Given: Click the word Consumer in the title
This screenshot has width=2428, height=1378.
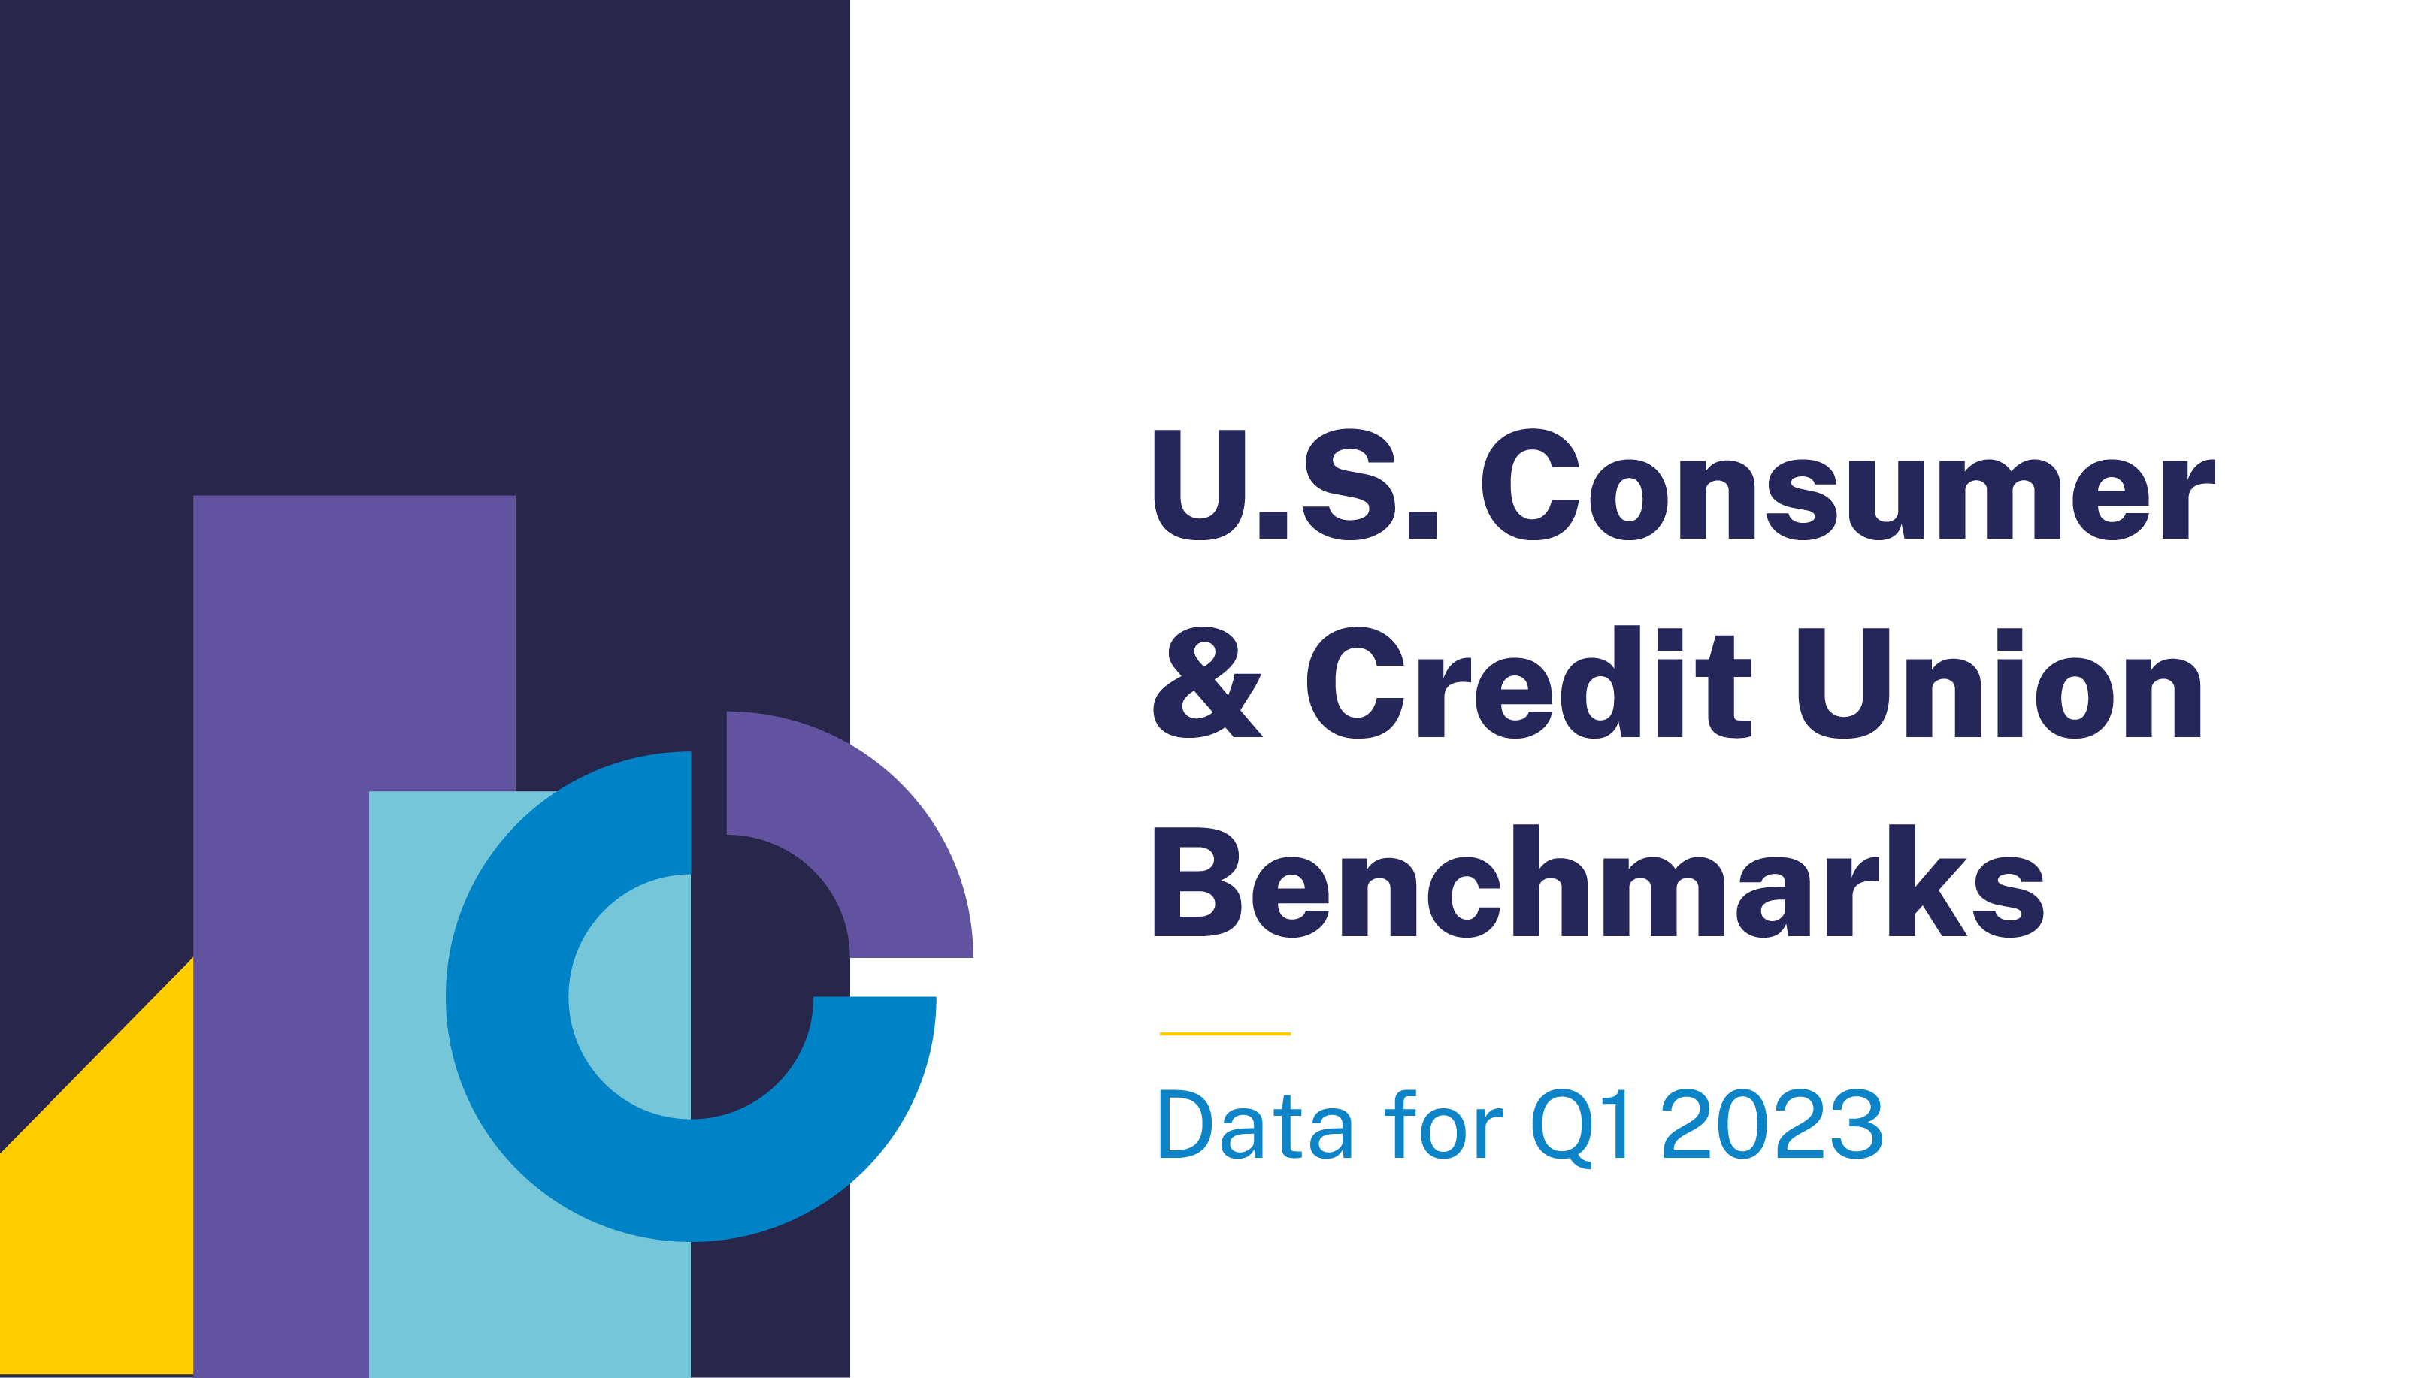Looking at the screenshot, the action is pos(1848,485).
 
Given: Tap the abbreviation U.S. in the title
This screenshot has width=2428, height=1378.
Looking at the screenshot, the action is pos(1296,485).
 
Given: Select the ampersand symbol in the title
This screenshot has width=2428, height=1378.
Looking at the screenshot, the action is pos(1208,682).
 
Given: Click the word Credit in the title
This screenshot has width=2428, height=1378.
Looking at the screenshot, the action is pos(1529,681).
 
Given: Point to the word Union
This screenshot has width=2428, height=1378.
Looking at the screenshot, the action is pos(2000,682).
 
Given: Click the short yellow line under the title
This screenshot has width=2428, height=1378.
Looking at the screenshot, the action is pos(1225,1034).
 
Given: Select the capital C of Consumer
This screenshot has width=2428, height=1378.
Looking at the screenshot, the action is pos(1530,485).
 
